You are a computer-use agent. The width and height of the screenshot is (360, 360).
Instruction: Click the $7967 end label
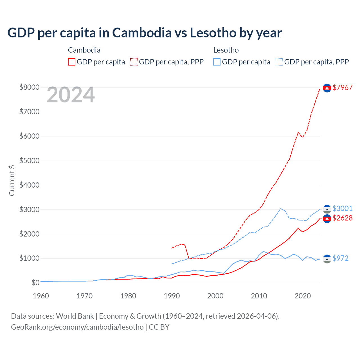pyautogui.click(x=342, y=87)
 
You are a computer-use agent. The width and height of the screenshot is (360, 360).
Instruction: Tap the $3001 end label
pyautogui.click(x=342, y=208)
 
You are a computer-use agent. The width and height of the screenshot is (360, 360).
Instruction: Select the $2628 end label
pyautogui.click(x=342, y=218)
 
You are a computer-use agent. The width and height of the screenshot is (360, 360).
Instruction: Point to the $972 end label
pyautogui.click(x=340, y=258)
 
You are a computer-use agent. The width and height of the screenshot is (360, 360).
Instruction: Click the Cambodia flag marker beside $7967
pyautogui.click(x=327, y=88)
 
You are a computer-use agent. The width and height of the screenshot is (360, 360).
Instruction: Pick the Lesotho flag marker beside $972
pyautogui.click(x=327, y=259)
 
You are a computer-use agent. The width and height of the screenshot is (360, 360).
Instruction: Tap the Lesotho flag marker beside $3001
pyautogui.click(x=327, y=209)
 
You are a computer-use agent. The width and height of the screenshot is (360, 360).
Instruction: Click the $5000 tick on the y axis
pyautogui.click(x=29, y=161)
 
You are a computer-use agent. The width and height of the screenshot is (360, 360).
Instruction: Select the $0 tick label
pyautogui.click(x=35, y=283)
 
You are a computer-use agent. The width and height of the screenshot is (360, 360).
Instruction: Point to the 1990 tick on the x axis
pyautogui.click(x=172, y=296)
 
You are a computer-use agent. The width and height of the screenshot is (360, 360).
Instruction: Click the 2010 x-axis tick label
pyautogui.click(x=259, y=296)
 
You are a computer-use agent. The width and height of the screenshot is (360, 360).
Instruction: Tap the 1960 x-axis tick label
pyautogui.click(x=41, y=296)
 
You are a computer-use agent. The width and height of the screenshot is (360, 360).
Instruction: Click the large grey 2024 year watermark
pyautogui.click(x=71, y=95)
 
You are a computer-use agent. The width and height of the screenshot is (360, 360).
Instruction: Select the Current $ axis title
pyautogui.click(x=12, y=180)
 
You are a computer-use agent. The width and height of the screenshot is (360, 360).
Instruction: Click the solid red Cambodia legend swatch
pyautogui.click(x=72, y=62)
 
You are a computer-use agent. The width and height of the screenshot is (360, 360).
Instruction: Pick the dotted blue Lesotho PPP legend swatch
pyautogui.click(x=279, y=62)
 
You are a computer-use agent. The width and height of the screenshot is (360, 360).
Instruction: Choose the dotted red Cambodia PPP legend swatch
pyautogui.click(x=134, y=62)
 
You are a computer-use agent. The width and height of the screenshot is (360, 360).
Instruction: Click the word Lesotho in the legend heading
pyautogui.click(x=226, y=50)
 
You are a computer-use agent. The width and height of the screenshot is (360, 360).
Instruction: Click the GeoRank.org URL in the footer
pyautogui.click(x=77, y=327)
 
